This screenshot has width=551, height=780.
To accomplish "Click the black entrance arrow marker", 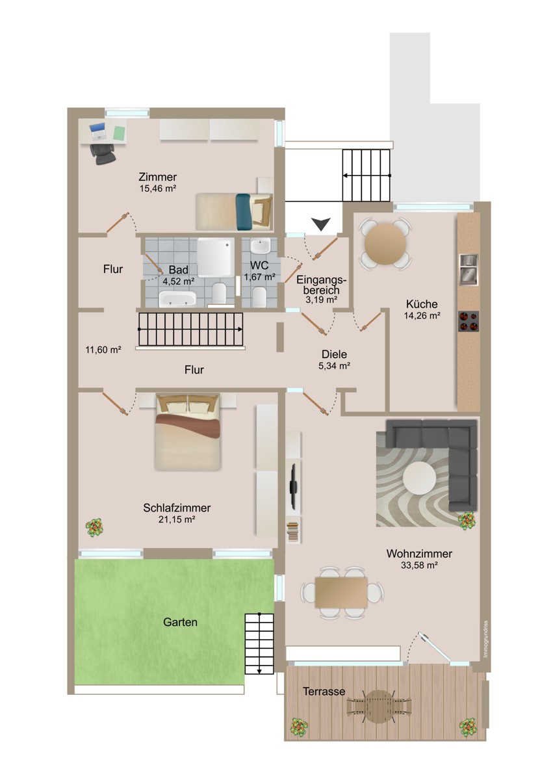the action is pyautogui.click(x=320, y=224).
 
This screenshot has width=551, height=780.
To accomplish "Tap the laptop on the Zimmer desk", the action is pyautogui.click(x=97, y=131).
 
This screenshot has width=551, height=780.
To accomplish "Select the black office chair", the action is pyautogui.click(x=103, y=153).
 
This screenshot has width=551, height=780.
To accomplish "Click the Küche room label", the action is pyautogui.click(x=422, y=304).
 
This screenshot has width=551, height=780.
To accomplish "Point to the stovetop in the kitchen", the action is pyautogui.click(x=468, y=321).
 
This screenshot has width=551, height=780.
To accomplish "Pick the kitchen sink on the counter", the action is pyautogui.click(x=468, y=269).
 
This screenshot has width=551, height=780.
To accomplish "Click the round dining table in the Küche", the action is pyautogui.click(x=385, y=244).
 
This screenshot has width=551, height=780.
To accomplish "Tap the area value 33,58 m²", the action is pyautogui.click(x=418, y=565).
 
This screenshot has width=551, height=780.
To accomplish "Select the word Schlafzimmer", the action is pyautogui.click(x=177, y=508).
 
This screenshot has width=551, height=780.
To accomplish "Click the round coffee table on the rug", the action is pyautogui.click(x=419, y=478).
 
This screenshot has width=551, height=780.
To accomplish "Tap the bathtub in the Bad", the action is pyautogui.click(x=177, y=299).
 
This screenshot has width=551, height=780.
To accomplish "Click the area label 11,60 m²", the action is pyautogui.click(x=103, y=349).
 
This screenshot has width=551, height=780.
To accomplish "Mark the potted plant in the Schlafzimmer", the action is pyautogui.click(x=95, y=528).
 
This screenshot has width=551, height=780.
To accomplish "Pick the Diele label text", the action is pyautogui.click(x=334, y=354).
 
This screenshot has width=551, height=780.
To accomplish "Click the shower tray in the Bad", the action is pyautogui.click(x=216, y=257).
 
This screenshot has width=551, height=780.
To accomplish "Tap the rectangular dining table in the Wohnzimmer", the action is pyautogui.click(x=341, y=592).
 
